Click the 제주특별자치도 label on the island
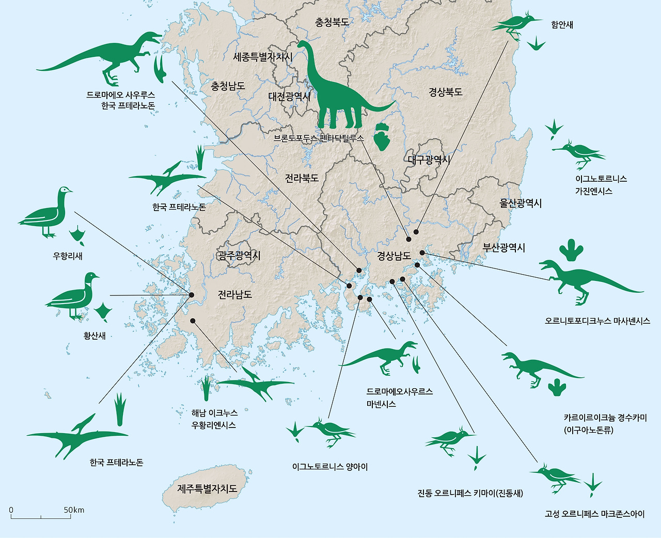(207, 488)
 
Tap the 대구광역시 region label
(429, 160)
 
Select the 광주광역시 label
(239, 255)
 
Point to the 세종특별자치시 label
(263, 57)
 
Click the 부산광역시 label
(503, 247)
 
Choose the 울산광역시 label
(521, 203)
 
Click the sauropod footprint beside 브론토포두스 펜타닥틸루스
(382, 136)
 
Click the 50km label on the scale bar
(74, 510)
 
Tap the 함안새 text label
(562, 25)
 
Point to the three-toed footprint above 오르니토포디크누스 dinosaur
(571, 250)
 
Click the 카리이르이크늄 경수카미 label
(605, 417)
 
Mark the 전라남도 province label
(234, 294)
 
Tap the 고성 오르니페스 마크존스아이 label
(594, 514)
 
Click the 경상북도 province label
(445, 92)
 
